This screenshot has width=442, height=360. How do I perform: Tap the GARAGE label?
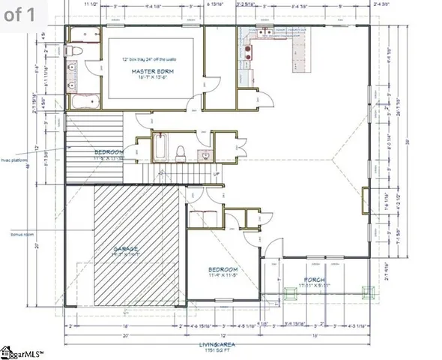[x=127, y=248]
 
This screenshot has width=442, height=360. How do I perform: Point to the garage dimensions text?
[x=127, y=255]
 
